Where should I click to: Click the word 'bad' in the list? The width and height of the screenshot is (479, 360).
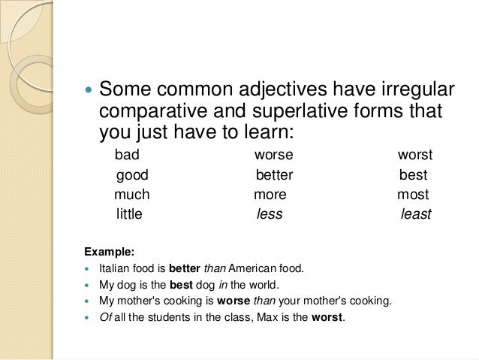[127, 156]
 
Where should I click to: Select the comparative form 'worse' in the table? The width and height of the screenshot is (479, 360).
[273, 156]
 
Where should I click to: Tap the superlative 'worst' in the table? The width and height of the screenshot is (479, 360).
[415, 156]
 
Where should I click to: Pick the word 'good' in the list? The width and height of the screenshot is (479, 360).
[132, 176]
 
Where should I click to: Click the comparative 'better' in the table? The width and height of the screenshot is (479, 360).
[274, 176]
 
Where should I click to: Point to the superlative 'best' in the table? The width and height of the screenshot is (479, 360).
[413, 176]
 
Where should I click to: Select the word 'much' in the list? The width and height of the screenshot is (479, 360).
[131, 195]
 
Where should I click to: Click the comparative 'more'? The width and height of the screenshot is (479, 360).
[270, 195]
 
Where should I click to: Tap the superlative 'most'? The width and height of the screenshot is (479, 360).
[413, 195]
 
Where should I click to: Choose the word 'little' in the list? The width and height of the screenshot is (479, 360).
[129, 215]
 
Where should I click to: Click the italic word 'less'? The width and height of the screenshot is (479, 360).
[270, 215]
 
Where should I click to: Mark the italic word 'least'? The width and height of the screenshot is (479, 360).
[416, 215]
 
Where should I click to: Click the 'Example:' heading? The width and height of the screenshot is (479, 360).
[108, 249]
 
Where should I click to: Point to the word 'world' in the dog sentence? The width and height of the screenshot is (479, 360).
[264, 284]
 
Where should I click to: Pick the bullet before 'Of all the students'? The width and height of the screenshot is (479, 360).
[89, 318]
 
